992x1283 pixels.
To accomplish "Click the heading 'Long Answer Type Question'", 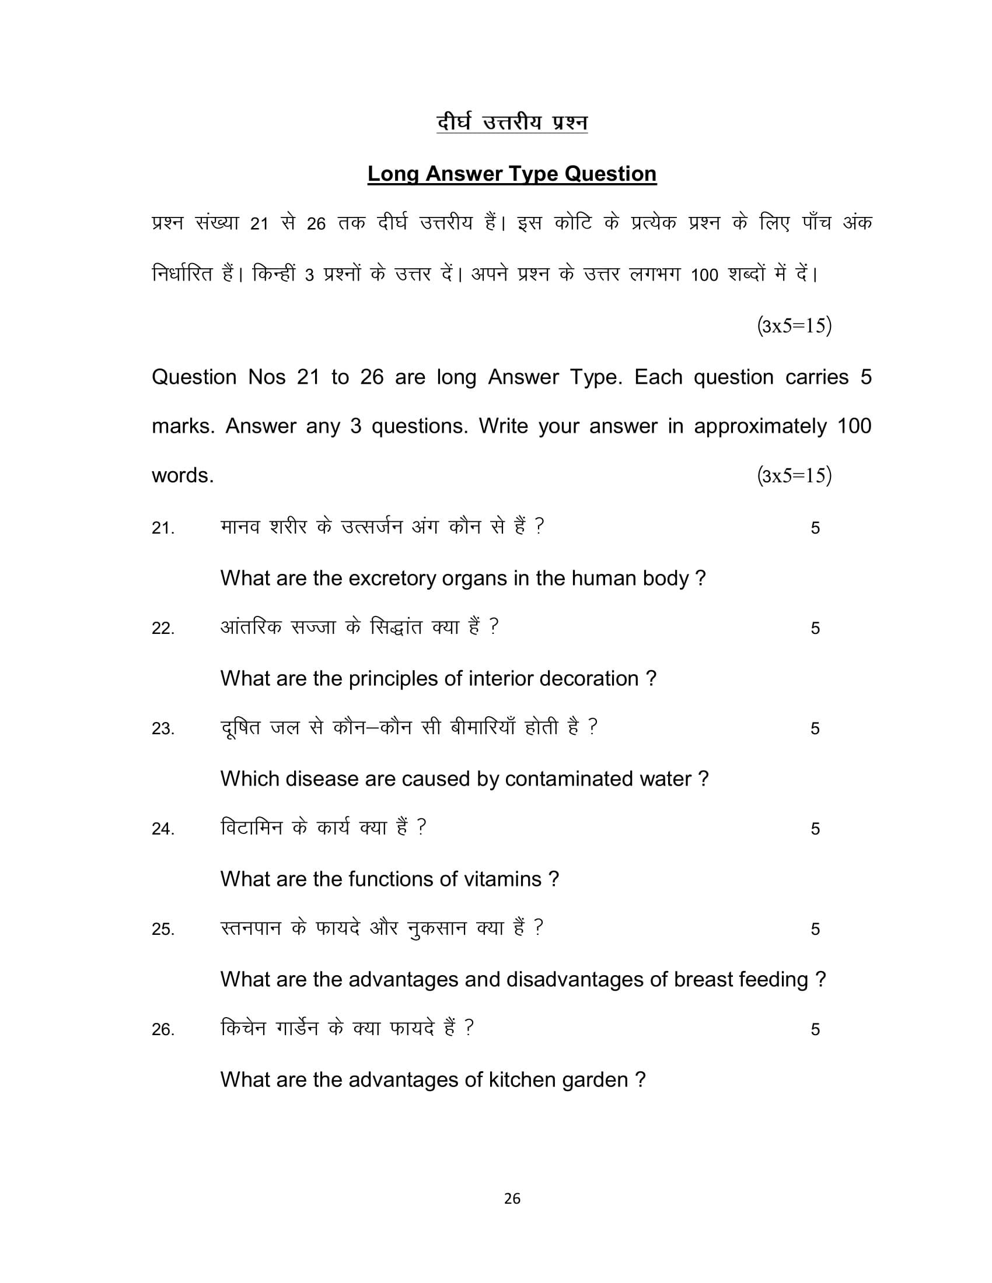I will [x=511, y=174].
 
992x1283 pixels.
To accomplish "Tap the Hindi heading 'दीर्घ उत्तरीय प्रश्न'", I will [x=511, y=123].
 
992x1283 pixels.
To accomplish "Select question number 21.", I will [x=163, y=528].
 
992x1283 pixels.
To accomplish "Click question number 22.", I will [x=163, y=629].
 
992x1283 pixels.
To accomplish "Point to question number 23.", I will [x=163, y=729].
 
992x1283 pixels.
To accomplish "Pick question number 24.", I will [x=163, y=829].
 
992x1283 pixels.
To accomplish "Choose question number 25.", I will [x=163, y=930].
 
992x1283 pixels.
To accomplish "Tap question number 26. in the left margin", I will [x=163, y=1030].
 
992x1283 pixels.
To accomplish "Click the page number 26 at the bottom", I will [x=512, y=1198].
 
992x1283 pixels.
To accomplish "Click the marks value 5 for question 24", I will [x=815, y=829].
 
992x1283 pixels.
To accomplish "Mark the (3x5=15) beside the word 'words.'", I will [x=794, y=475].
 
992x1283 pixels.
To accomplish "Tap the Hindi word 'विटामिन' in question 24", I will [x=252, y=828].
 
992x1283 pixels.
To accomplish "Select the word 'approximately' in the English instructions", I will [x=760, y=426].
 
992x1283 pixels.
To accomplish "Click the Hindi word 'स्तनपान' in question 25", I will [x=251, y=928].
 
